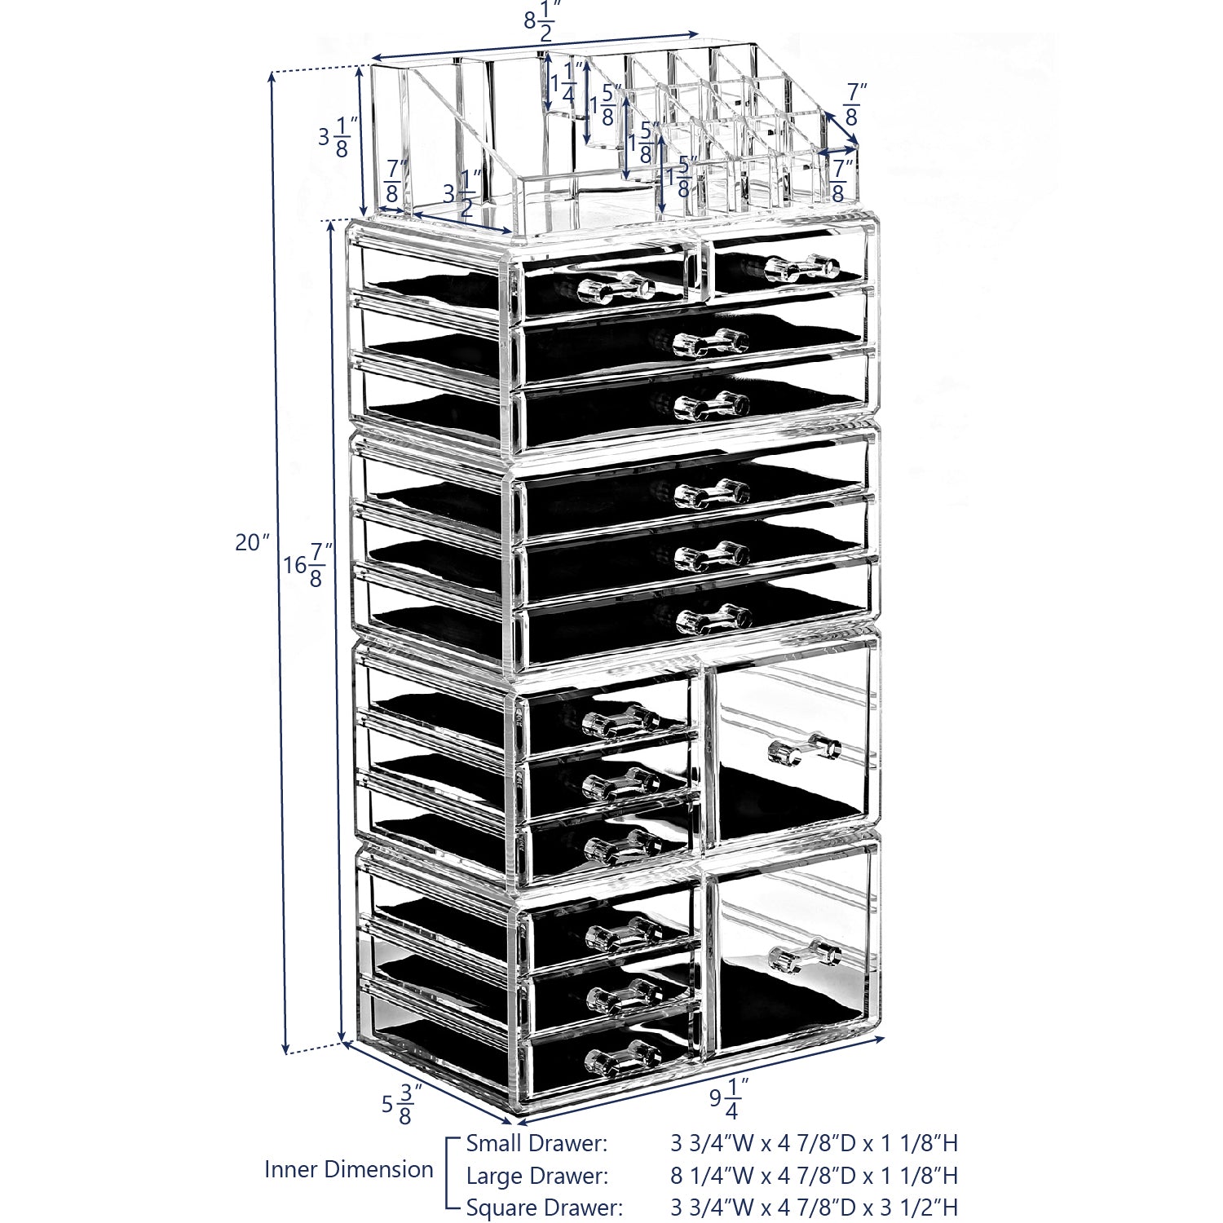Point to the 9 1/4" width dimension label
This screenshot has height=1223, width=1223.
724,1098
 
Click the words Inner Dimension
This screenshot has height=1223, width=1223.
348,1169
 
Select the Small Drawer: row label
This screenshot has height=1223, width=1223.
536,1143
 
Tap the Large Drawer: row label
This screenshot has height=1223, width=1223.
536,1176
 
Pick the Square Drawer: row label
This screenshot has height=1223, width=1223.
544,1208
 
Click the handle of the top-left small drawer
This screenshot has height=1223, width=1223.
616,288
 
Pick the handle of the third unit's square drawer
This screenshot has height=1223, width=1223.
804,749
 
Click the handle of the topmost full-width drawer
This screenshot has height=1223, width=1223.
711,342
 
